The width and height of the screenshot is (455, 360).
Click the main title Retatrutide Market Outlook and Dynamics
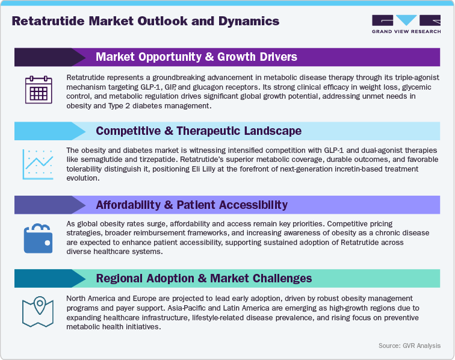tap(146, 22)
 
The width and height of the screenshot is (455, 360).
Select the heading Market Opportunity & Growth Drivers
tap(196, 57)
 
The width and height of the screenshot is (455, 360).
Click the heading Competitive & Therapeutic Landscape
tap(199, 131)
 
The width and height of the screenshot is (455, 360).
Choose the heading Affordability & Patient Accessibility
tap(191, 205)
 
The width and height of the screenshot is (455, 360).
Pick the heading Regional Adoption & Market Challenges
tap(203, 278)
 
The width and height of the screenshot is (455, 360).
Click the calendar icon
tap(39, 90)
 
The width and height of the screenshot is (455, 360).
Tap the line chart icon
tap(39, 164)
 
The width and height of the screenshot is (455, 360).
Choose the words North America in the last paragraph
tap(90, 299)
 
